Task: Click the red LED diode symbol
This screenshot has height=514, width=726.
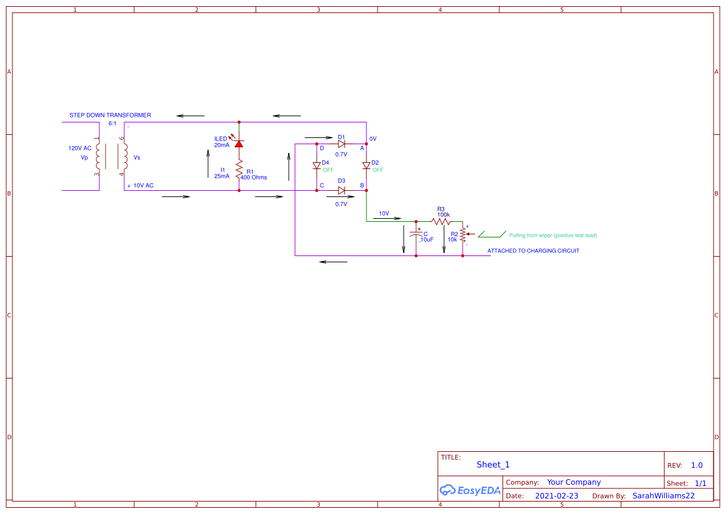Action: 238,143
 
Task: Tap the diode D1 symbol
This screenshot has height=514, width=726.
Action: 341,144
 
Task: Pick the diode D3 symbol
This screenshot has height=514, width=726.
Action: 341,190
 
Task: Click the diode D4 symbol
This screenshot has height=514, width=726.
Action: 317,165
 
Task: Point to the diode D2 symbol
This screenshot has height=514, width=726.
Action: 366,165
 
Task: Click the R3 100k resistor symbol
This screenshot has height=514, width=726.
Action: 441,221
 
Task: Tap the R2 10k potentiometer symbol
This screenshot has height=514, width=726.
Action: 463,234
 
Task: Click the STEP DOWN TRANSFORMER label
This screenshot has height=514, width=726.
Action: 110,116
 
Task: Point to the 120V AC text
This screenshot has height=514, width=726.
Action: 79,149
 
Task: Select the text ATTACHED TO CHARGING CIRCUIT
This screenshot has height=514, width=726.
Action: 533,251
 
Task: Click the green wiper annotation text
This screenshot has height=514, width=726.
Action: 553,236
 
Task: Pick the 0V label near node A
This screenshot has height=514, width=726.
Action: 373,139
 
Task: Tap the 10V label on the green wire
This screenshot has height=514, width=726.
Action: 384,214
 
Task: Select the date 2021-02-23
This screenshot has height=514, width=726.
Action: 556,496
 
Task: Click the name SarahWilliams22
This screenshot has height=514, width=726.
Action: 663,496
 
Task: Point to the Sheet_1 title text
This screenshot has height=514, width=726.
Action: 493,465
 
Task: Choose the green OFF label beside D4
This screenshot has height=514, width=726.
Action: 328,170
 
